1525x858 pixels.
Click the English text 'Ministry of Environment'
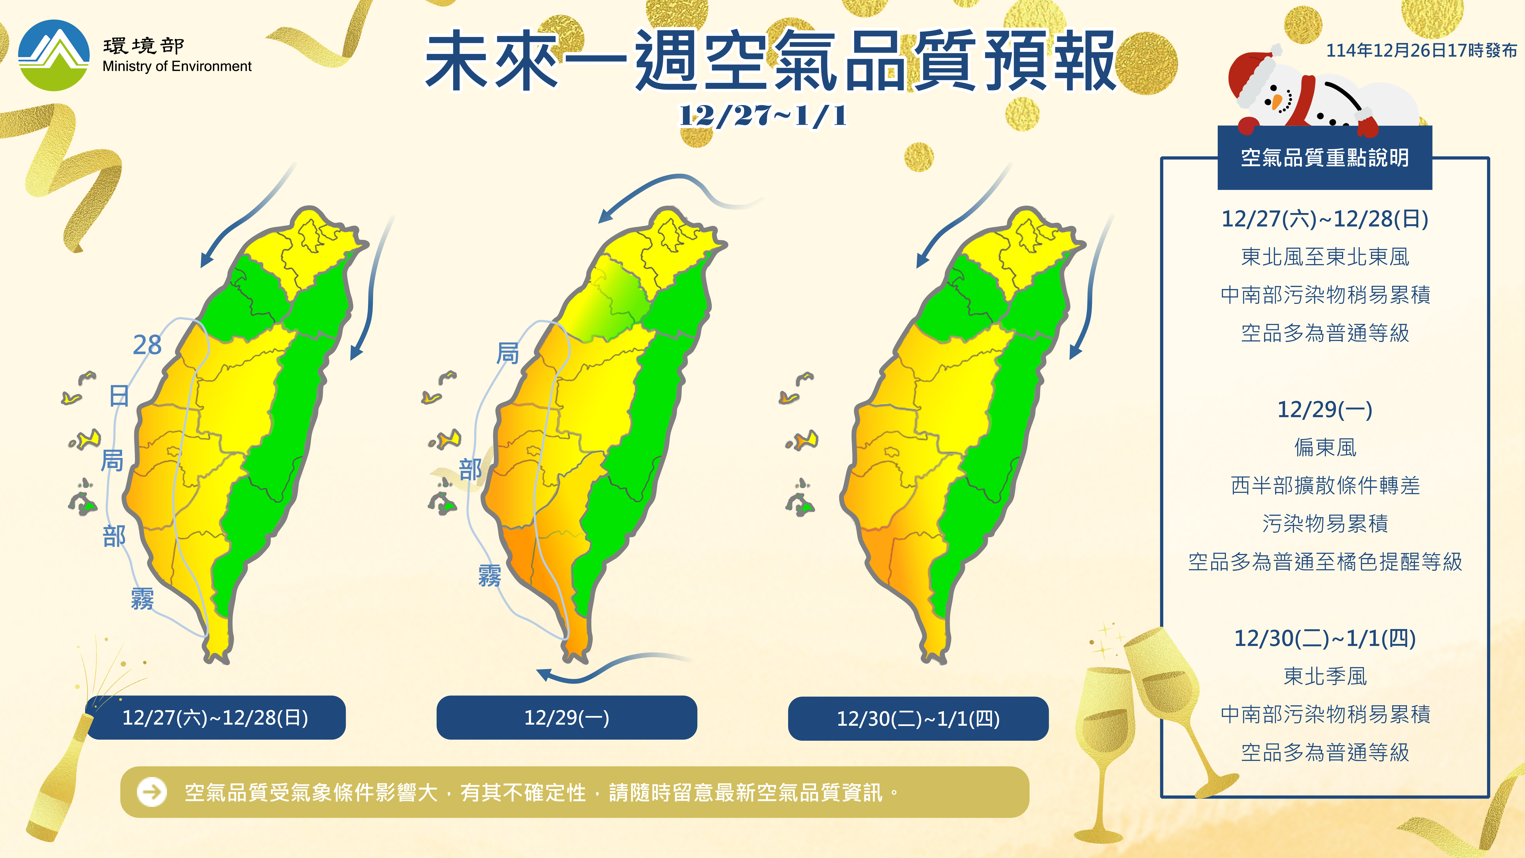coord(176,66)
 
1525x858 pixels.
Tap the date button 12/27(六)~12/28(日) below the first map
coord(215,718)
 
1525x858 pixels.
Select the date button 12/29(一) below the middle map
coord(567,718)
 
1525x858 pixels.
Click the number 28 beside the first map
coord(147,345)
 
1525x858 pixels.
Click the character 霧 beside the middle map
coord(490,576)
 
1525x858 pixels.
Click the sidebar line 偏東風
coord(1324,448)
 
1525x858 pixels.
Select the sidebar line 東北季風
coord(1324,676)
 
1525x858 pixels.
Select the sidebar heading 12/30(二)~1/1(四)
coord(1324,638)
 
